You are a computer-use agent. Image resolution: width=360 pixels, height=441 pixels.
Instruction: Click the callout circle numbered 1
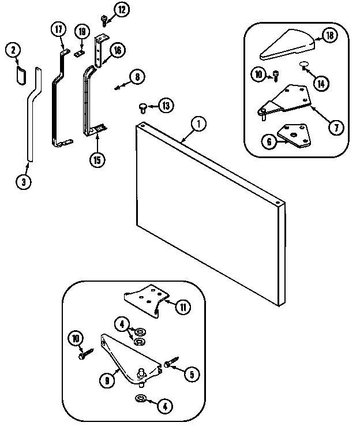tap(198, 123)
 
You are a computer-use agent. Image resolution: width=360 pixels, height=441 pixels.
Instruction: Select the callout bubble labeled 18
tap(329, 36)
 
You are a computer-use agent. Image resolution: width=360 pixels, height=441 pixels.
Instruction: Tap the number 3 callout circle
tap(23, 182)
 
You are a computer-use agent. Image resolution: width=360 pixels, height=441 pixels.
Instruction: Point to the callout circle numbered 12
tap(122, 9)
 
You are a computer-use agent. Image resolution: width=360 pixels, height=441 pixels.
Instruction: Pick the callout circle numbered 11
tap(183, 307)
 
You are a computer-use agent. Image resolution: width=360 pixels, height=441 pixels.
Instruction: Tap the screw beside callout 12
tap(104, 19)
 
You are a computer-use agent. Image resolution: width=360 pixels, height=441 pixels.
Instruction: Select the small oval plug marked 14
tap(304, 65)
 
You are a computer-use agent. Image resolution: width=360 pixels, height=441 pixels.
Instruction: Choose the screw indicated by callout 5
tap(168, 364)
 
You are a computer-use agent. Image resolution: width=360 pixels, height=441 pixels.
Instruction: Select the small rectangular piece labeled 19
tap(79, 54)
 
